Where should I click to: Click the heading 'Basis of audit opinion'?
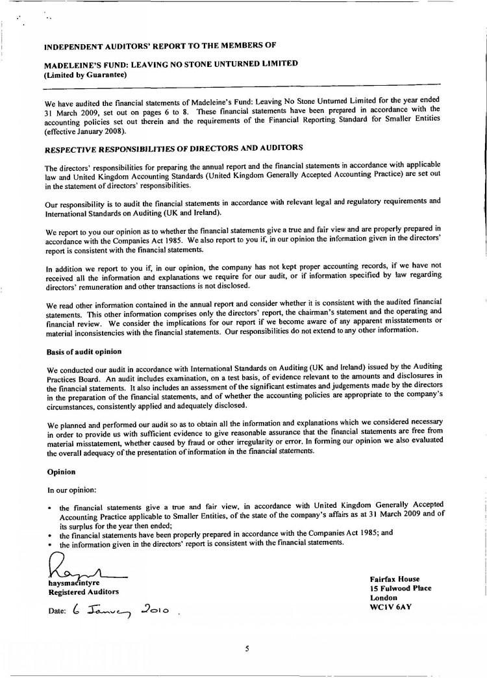tap(84, 351)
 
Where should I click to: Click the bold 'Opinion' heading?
tap(62, 471)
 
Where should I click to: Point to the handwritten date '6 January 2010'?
tap(121, 610)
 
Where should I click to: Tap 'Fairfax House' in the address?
tap(394, 579)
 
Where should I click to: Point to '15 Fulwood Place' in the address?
tap(400, 588)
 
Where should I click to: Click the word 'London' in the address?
tap(383, 597)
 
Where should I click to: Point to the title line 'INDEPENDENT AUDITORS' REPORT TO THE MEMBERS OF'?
tap(160, 47)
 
